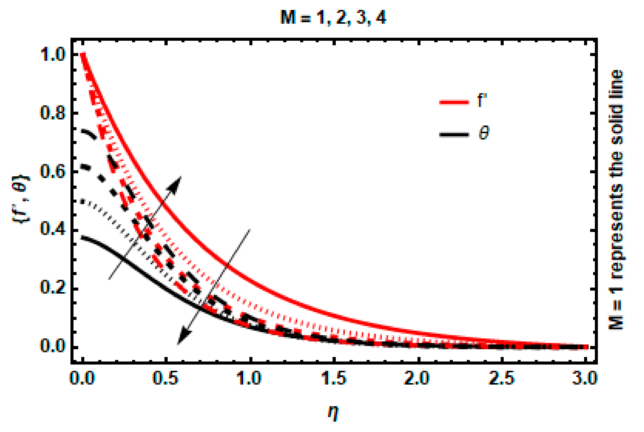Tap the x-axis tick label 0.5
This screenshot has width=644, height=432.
point(166,378)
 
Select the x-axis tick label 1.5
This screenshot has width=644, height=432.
point(334,378)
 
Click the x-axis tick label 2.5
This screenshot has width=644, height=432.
point(502,378)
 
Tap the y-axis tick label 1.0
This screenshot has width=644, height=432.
point(53,55)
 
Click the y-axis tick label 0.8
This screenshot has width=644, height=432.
point(53,113)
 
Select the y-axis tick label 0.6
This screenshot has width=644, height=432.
point(53,171)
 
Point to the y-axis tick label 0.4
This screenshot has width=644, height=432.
point(53,230)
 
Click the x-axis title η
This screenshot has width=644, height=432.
point(333,413)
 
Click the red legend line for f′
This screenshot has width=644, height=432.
point(454,102)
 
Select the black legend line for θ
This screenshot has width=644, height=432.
point(454,135)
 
